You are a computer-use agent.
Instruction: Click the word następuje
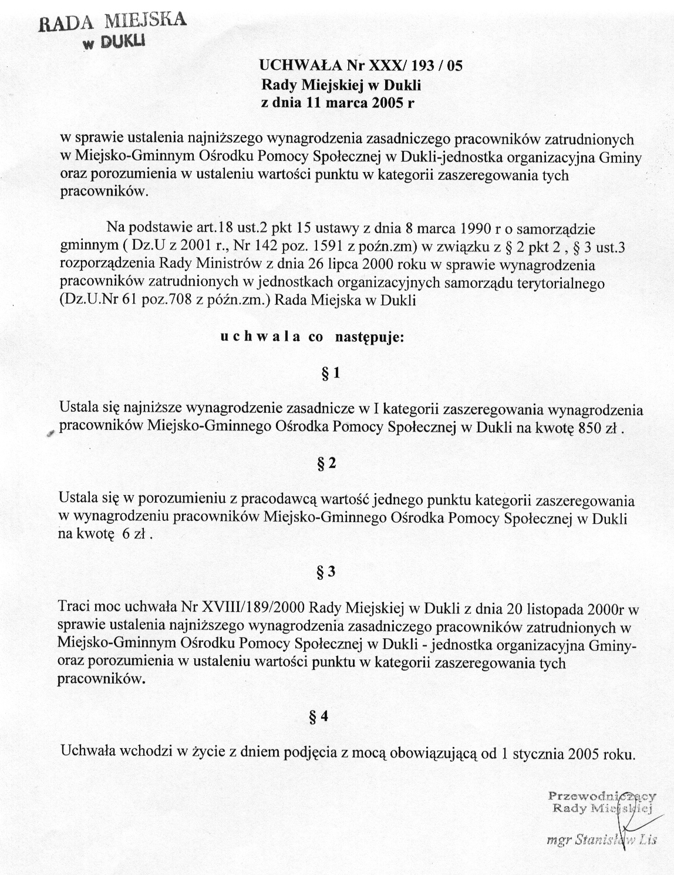369,338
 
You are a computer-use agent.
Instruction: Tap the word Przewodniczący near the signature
601,796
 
